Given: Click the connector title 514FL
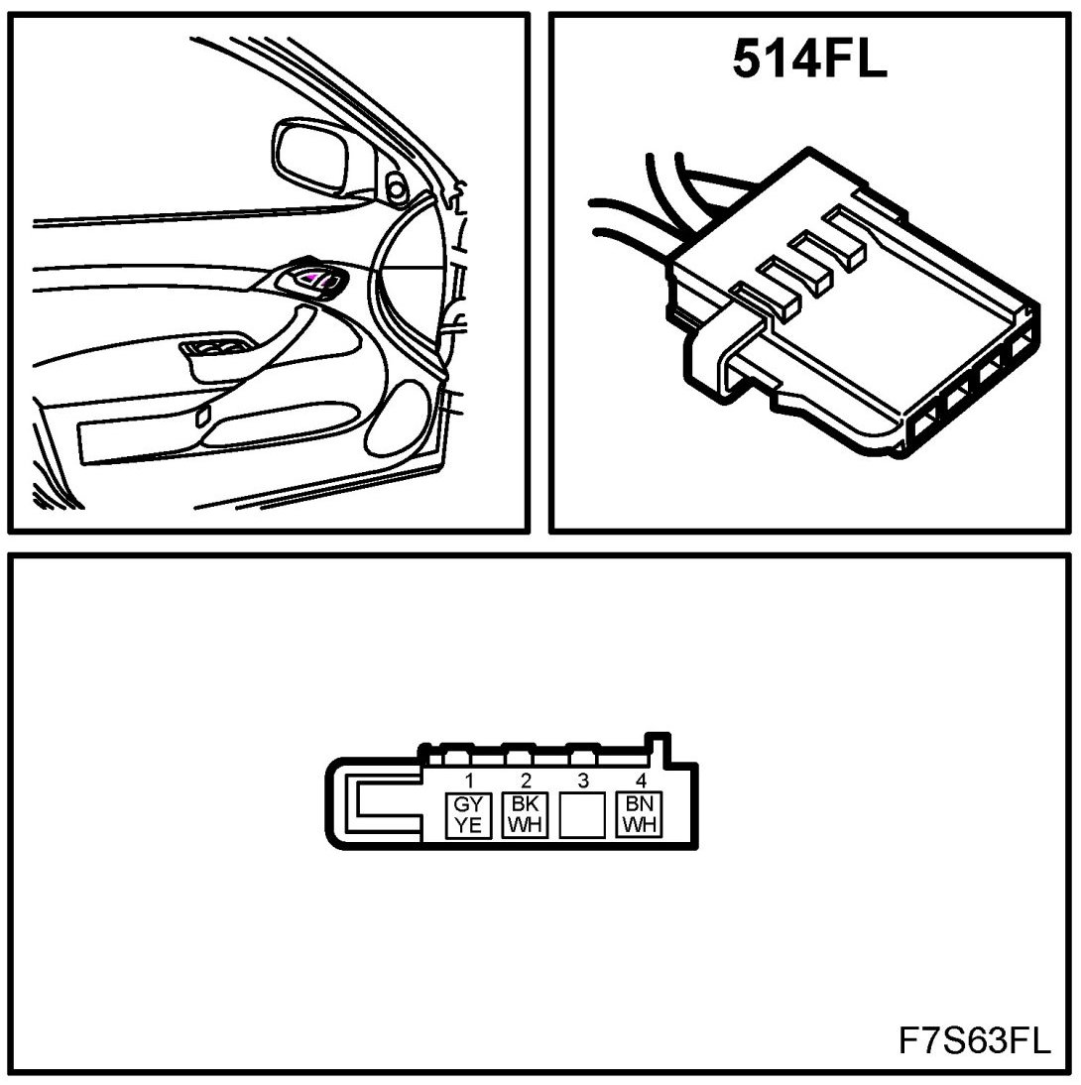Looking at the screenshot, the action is pos(809,59).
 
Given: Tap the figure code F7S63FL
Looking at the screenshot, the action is pos(974,1040).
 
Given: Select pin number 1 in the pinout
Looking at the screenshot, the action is pos(468,781).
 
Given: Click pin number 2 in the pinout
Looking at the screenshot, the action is pos(526,781).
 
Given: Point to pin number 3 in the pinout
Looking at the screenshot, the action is pos(583,781).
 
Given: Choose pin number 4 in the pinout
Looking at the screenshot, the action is pos(641,781).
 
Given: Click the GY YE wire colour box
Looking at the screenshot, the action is pos(468,815).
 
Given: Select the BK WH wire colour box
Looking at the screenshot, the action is pos(526,815).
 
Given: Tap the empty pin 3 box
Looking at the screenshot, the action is pos(582,815).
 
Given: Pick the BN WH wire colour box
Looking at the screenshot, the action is pos(640,815).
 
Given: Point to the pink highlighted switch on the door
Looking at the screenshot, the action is pos(310,278).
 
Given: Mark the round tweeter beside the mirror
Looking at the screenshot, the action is pos(397,186).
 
